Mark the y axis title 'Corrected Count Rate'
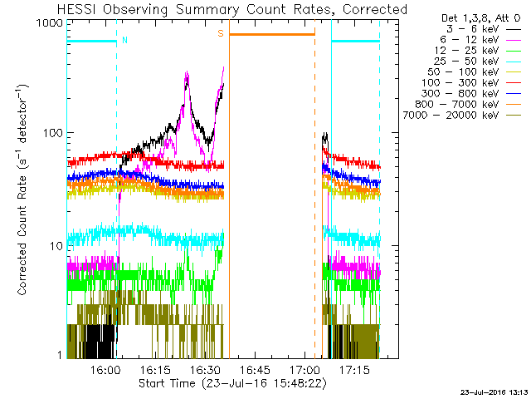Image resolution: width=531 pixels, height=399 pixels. (25, 190)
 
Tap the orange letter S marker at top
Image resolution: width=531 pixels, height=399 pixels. (221, 33)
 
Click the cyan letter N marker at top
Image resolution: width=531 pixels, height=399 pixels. (124, 39)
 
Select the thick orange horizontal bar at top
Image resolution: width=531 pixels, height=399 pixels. (272, 34)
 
